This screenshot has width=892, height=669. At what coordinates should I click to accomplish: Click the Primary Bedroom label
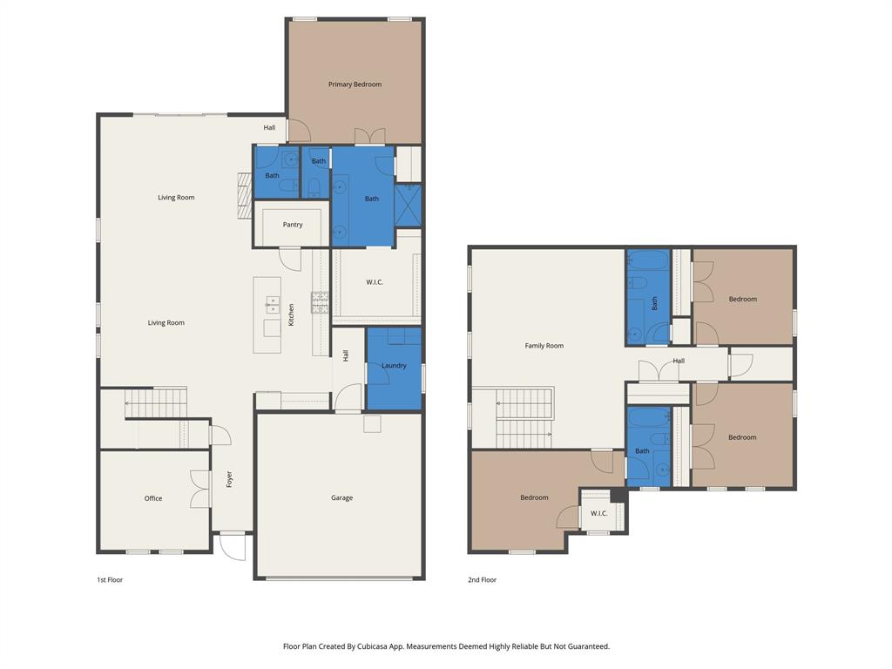point(355,84)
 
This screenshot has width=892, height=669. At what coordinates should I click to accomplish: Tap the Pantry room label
point(293,225)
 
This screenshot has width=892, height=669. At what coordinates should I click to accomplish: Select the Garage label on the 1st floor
point(341,498)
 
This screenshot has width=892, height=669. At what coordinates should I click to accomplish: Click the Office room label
point(153,498)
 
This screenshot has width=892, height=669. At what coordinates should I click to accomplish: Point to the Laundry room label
point(394,366)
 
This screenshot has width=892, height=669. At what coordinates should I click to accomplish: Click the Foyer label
point(230,479)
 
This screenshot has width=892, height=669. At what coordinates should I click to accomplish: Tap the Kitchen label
point(292,314)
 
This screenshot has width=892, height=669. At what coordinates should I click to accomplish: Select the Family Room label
point(544,346)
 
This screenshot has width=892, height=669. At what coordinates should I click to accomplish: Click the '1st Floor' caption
point(110,579)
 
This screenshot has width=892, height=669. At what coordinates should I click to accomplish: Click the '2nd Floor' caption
point(482,579)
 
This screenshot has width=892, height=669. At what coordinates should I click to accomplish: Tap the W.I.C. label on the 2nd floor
point(599,513)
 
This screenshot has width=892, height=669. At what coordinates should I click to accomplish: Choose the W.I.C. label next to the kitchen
point(375,282)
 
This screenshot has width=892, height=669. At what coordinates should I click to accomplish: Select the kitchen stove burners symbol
point(320,303)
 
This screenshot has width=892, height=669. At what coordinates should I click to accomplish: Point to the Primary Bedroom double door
point(370,137)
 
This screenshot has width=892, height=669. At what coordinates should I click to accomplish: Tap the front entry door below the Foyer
point(233,546)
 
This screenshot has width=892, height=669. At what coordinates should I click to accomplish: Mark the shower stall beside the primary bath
point(408,206)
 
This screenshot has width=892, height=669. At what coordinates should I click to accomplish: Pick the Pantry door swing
point(289,259)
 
